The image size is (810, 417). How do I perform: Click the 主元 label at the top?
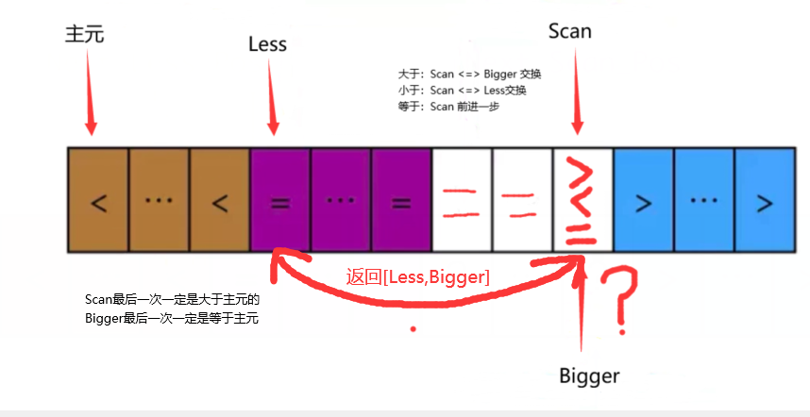click(84, 34)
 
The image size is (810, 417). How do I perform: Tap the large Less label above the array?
click(267, 43)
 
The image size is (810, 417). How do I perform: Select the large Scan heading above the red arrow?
click(569, 30)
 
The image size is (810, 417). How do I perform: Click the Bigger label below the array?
click(589, 376)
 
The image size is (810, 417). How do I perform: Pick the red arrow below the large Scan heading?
click(577, 94)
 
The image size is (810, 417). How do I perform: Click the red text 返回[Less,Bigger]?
click(417, 276)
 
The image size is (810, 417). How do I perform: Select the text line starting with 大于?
click(469, 74)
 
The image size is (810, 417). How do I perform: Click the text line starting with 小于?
click(462, 90)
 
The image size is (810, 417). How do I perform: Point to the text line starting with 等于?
click(448, 106)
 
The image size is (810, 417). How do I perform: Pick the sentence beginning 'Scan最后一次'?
click(172, 300)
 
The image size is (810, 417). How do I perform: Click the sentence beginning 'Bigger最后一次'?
click(172, 318)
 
